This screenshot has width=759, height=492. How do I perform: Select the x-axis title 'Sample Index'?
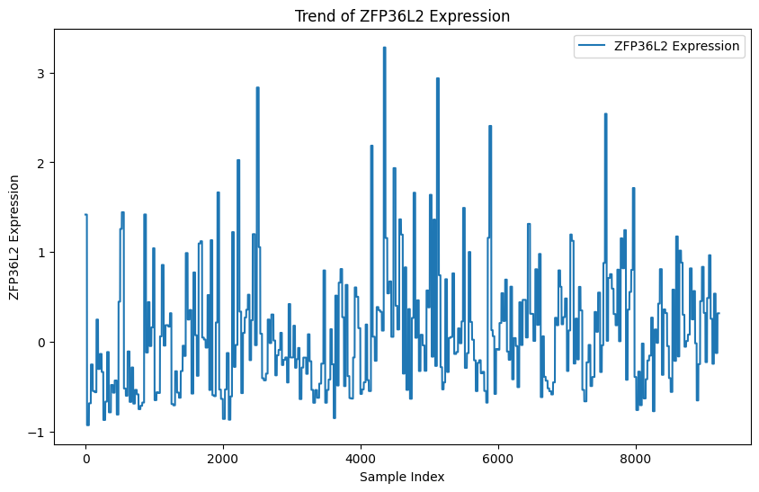coord(402,477)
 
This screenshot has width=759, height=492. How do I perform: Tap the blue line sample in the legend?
coord(594,46)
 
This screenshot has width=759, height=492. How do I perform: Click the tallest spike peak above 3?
coord(384,48)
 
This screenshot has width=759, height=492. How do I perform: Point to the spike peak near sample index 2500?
coord(258,88)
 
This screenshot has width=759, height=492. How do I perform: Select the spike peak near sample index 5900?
coord(490,126)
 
